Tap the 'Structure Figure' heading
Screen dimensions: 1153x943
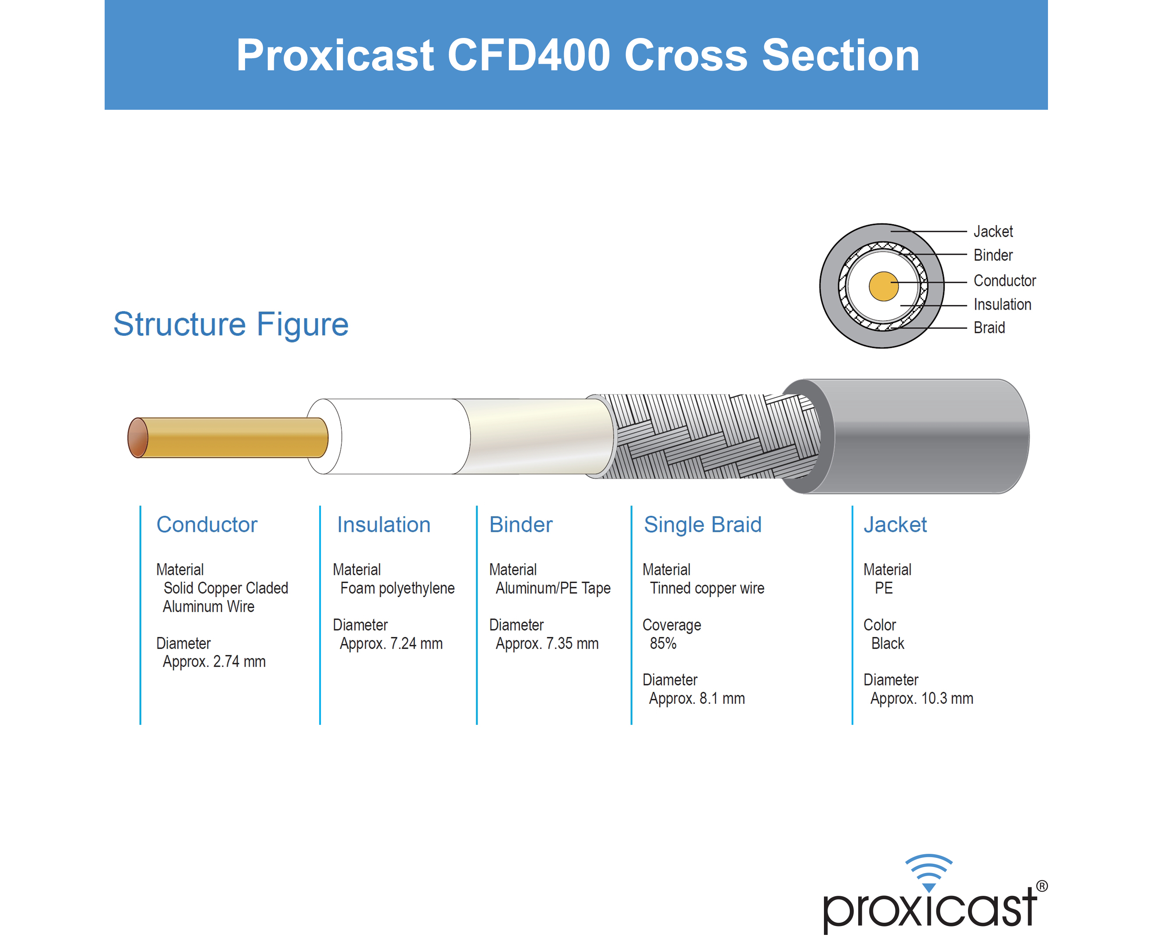click(x=231, y=324)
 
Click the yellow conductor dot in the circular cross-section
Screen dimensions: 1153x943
click(x=884, y=286)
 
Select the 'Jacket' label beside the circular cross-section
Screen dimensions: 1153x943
click(x=993, y=231)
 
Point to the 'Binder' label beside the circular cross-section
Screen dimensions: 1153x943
click(x=993, y=255)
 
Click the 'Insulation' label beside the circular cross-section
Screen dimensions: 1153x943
click(x=1002, y=304)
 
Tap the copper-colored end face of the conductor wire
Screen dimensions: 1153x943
click(x=137, y=438)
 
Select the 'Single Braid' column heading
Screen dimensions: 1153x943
click(x=703, y=525)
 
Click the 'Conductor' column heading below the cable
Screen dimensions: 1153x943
click(x=207, y=525)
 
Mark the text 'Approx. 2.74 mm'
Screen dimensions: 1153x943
click(x=214, y=662)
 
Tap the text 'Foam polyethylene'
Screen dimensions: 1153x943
click(x=397, y=588)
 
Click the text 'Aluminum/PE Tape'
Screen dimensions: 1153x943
click(x=553, y=588)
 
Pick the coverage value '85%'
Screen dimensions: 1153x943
click(x=663, y=643)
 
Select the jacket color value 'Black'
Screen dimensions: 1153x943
click(x=888, y=643)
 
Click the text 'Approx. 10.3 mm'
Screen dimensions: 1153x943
click(x=922, y=698)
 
